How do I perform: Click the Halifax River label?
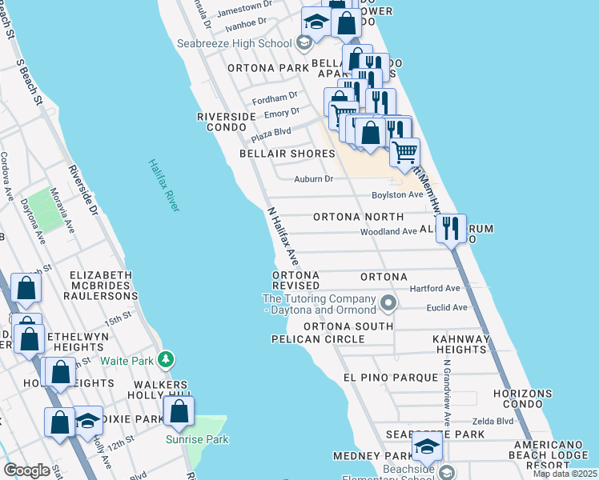pos(163,186)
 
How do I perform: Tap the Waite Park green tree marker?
pos(166,360)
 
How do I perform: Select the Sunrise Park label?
pos(197,439)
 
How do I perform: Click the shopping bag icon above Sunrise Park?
pos(179,411)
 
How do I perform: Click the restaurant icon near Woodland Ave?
pos(451,229)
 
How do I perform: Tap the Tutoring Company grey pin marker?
pos(388,303)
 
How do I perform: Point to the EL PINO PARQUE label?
pos(380,377)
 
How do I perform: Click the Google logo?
pos(26,470)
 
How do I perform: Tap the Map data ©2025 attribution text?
pos(564,474)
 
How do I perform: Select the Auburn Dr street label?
pos(313,179)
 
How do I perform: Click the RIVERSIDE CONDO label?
pos(226,122)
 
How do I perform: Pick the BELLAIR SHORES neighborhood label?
pos(287,153)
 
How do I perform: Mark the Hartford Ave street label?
pos(435,288)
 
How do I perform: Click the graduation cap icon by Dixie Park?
pos(88,421)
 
